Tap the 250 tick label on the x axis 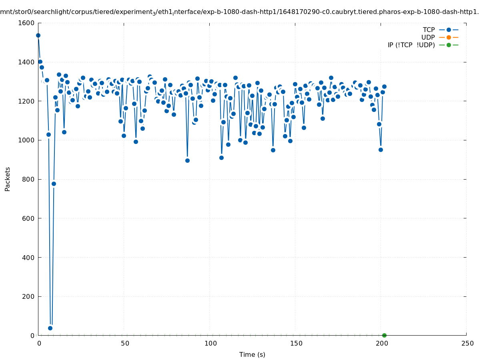(x=467, y=343)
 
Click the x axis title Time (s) (x=252, y=354)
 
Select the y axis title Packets (x=8, y=179)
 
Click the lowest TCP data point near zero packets (x=50, y=328)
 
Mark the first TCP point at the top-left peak (x=38, y=35)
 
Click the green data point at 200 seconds (x=384, y=335)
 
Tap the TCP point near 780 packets (x=54, y=184)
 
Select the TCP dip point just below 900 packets (x=187, y=160)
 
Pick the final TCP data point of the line (x=384, y=86)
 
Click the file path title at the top (x=239, y=12)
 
